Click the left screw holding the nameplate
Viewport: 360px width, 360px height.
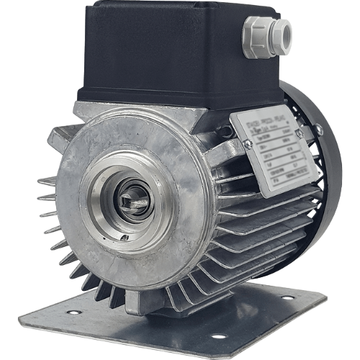tap(248, 145)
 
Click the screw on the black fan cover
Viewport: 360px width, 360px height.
tap(318, 130)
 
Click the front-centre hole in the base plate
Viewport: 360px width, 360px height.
tap(215, 336)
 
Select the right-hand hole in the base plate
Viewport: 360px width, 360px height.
tap(287, 297)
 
